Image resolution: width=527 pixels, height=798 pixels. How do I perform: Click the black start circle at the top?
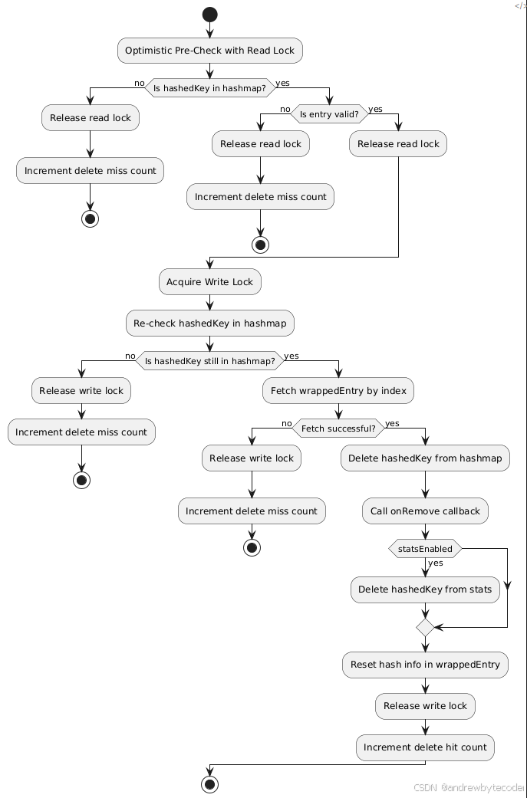[209, 14]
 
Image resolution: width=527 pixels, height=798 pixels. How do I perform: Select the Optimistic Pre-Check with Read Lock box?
[209, 51]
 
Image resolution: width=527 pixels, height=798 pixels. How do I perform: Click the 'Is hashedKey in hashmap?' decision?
[209, 88]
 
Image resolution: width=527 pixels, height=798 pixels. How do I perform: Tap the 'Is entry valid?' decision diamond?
[329, 114]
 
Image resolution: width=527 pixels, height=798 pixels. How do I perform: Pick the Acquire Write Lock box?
[209, 282]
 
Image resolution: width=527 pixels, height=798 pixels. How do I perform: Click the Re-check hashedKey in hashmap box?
[209, 323]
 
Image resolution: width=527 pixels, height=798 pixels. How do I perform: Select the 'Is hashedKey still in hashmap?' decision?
[209, 361]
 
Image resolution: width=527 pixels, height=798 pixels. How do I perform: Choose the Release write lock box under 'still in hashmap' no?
[81, 391]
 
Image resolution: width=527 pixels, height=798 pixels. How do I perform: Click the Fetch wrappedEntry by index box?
[338, 391]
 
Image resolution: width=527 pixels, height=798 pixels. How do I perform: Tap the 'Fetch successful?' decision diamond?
[338, 429]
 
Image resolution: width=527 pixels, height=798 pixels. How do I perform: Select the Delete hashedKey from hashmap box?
[425, 458]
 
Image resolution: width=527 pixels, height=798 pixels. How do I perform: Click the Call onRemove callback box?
[425, 511]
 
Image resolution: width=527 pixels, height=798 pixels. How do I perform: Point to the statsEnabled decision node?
[425, 549]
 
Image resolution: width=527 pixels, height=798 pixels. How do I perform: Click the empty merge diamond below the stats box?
[425, 627]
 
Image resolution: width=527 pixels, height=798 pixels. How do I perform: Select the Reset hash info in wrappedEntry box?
[425, 665]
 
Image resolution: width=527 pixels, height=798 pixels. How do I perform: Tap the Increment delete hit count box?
[425, 747]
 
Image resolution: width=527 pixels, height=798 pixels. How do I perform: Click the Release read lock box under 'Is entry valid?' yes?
[398, 144]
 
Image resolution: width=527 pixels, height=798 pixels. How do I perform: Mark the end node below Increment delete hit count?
[209, 784]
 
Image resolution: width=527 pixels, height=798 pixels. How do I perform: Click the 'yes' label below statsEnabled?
[436, 563]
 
